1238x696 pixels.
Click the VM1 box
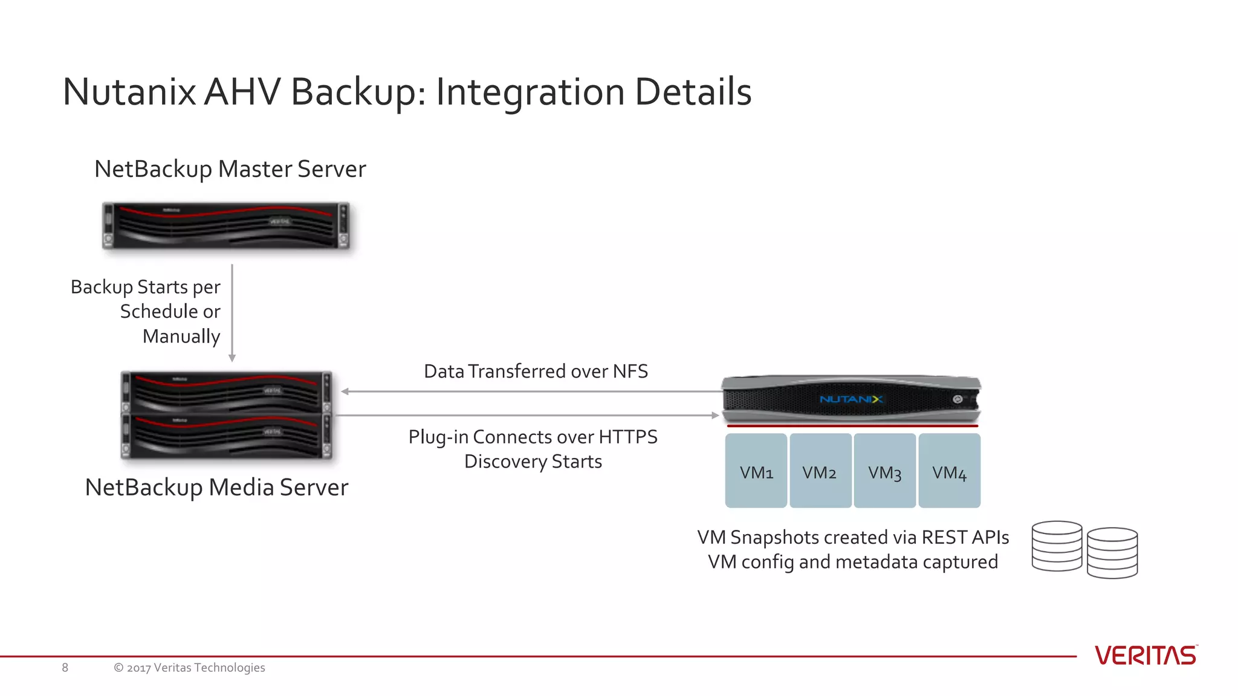(x=756, y=471)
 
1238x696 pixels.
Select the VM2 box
(x=820, y=471)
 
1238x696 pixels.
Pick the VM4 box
(x=950, y=471)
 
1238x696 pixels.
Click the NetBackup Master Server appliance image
(x=225, y=225)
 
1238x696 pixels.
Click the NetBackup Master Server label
(x=230, y=169)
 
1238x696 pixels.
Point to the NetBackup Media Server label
(x=216, y=488)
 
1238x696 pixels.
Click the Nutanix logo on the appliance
(x=851, y=399)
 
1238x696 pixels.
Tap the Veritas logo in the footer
(x=1146, y=656)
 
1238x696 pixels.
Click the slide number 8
(x=65, y=668)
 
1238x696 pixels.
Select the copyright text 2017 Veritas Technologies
(x=189, y=668)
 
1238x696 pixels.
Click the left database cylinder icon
(x=1057, y=546)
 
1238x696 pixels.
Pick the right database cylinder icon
(x=1112, y=553)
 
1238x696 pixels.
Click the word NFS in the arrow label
(x=630, y=372)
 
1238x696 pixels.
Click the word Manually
(x=181, y=337)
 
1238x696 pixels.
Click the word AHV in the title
(x=242, y=92)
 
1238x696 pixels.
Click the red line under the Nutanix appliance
(x=852, y=426)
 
